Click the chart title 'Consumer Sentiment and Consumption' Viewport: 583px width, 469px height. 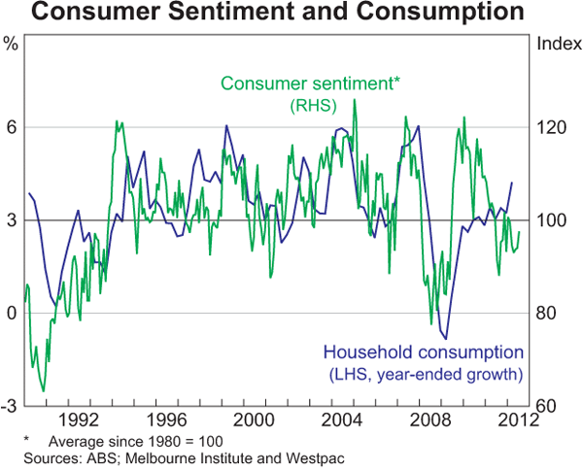(x=291, y=14)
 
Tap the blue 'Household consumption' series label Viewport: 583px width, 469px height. (x=423, y=352)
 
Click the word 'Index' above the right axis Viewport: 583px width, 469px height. (x=554, y=43)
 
